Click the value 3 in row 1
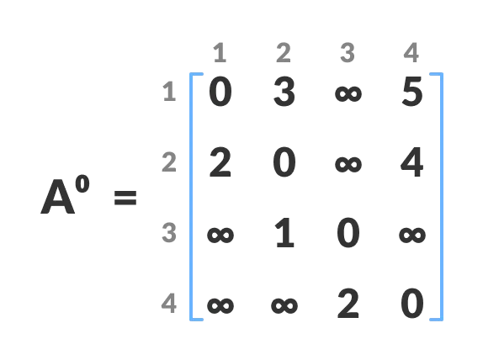coord(284,93)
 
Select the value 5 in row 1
coord(411,93)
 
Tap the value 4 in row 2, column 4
coord(411,163)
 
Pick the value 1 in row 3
coord(284,234)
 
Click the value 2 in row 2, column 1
coord(220,163)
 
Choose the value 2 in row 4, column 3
coord(348,304)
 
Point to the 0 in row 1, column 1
coord(220,93)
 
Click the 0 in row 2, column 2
coord(284,163)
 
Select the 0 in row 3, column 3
coord(348,234)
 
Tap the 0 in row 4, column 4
coord(411,304)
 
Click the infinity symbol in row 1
coord(348,93)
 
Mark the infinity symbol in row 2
coord(348,163)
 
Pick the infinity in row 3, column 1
coord(220,235)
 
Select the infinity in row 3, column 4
coord(411,235)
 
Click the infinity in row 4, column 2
coord(284,304)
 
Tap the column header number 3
coord(347,54)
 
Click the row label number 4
coord(169,303)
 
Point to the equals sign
coord(125,199)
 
